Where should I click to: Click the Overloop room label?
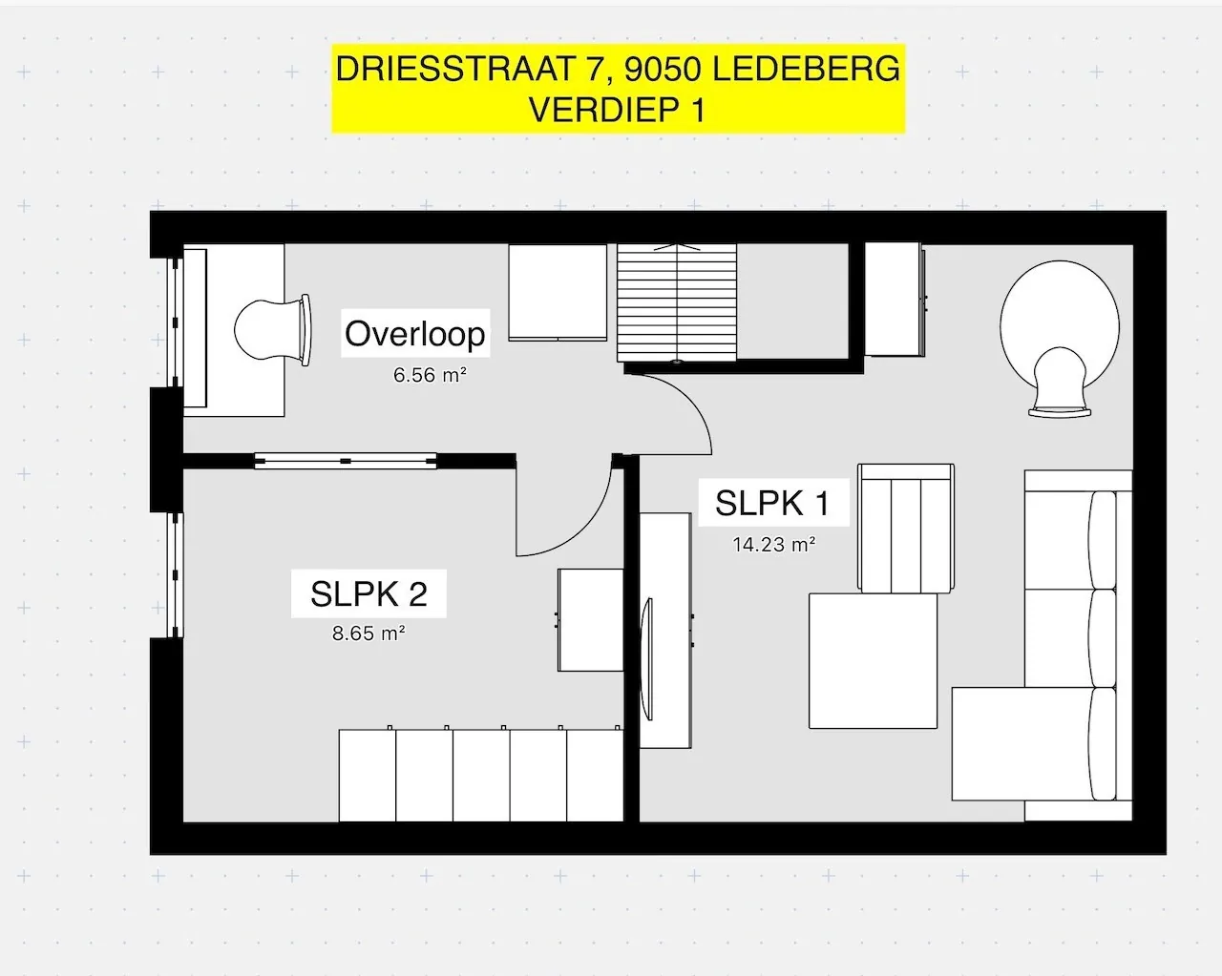[415, 334]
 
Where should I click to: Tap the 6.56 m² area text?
[430, 375]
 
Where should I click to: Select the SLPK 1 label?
[771, 503]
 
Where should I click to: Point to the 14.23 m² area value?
[774, 545]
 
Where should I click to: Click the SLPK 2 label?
[369, 594]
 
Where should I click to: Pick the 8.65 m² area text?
[369, 633]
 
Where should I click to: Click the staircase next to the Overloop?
[677, 302]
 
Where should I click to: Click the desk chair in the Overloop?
[274, 330]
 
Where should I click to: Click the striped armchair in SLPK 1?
[906, 529]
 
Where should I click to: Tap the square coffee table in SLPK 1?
[873, 661]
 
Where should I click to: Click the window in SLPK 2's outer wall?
[176, 574]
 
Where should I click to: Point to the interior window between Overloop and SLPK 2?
[346, 461]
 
